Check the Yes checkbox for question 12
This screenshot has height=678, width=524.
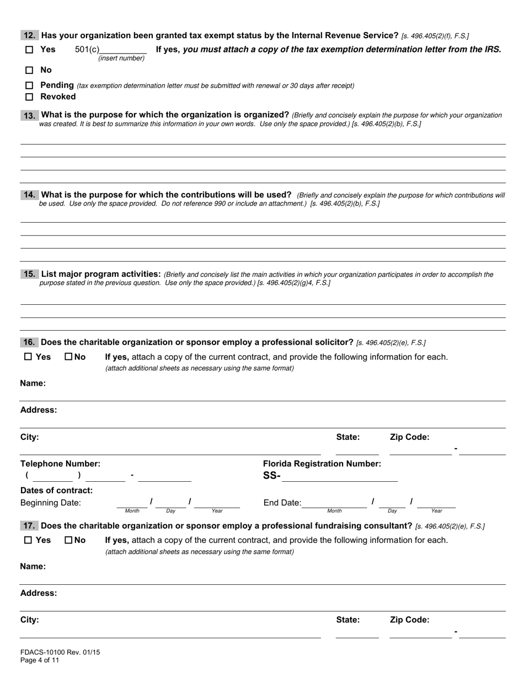pos(29,50)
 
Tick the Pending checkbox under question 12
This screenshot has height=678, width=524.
pos(29,85)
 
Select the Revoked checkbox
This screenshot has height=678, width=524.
pos(29,97)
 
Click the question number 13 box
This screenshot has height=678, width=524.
pos(29,115)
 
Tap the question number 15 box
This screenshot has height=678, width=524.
pos(29,274)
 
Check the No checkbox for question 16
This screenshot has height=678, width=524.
pos(69,357)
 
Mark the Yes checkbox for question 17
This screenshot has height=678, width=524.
pos(29,540)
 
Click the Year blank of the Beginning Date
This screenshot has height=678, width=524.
pos(217,503)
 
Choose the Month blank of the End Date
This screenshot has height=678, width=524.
pos(334,503)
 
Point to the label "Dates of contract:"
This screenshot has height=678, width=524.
pos(56,490)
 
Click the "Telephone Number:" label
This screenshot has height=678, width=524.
pos(60,464)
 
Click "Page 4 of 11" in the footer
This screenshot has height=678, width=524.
pos(40,660)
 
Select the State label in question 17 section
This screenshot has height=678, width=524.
pos(347,620)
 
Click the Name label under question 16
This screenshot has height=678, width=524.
pos(33,383)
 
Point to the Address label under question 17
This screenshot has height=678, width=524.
pos(39,593)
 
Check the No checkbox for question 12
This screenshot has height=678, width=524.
pos(29,70)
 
